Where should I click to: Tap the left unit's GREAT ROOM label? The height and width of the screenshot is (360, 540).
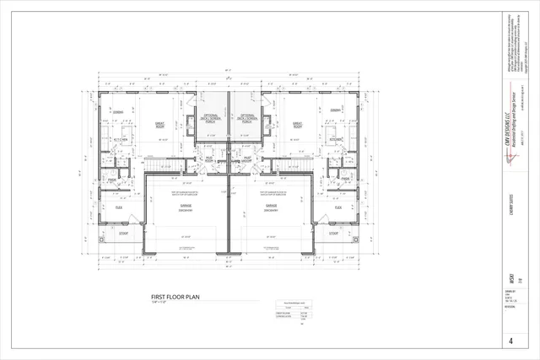[x=159, y=125]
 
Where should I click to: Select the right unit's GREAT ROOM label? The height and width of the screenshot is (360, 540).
[x=298, y=125]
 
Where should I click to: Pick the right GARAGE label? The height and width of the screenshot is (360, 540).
[x=271, y=207]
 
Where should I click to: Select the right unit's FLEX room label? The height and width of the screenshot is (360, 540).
[x=338, y=207]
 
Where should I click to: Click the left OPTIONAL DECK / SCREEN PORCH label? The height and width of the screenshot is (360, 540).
[x=211, y=119]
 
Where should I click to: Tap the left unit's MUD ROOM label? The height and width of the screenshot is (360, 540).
[x=208, y=158]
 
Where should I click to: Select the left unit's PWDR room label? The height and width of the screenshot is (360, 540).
[x=111, y=180]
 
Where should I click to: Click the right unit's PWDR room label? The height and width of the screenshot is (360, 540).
[x=344, y=180]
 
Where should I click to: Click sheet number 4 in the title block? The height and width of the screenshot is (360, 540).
[x=511, y=341]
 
